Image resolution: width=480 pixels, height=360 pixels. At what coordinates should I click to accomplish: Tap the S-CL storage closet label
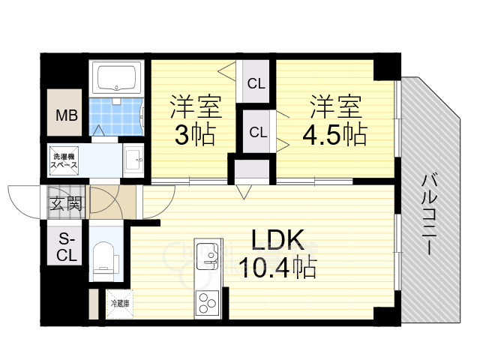[67, 247]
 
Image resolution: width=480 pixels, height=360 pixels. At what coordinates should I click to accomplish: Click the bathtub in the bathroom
[116, 77]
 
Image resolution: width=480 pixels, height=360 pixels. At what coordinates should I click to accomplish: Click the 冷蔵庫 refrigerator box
[120, 304]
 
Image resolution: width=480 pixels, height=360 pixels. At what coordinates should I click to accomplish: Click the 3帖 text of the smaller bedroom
[195, 136]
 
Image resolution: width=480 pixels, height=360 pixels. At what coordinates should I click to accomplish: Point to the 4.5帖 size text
[334, 136]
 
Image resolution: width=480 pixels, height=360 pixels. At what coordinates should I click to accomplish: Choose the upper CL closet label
[256, 83]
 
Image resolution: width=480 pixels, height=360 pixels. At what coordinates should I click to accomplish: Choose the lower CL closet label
[258, 133]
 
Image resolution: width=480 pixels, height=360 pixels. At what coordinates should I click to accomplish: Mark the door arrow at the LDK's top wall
[244, 192]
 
